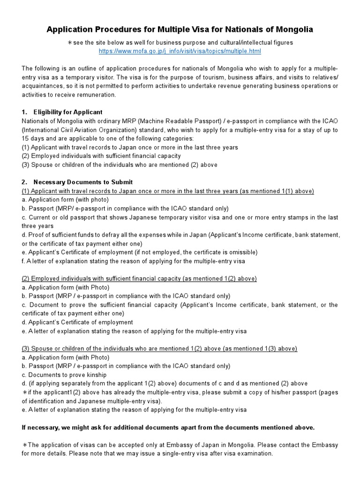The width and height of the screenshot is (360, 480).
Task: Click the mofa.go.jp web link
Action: [x=180, y=51]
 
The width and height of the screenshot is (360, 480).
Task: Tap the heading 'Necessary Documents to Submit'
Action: [x=83, y=182]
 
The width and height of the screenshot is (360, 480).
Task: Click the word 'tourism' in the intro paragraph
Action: [x=188, y=77]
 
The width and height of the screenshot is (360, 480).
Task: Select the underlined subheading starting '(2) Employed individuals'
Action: [x=139, y=278]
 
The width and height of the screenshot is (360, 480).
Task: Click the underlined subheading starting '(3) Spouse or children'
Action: [x=159, y=348]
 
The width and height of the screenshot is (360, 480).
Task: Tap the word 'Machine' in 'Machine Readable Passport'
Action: [x=150, y=121]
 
